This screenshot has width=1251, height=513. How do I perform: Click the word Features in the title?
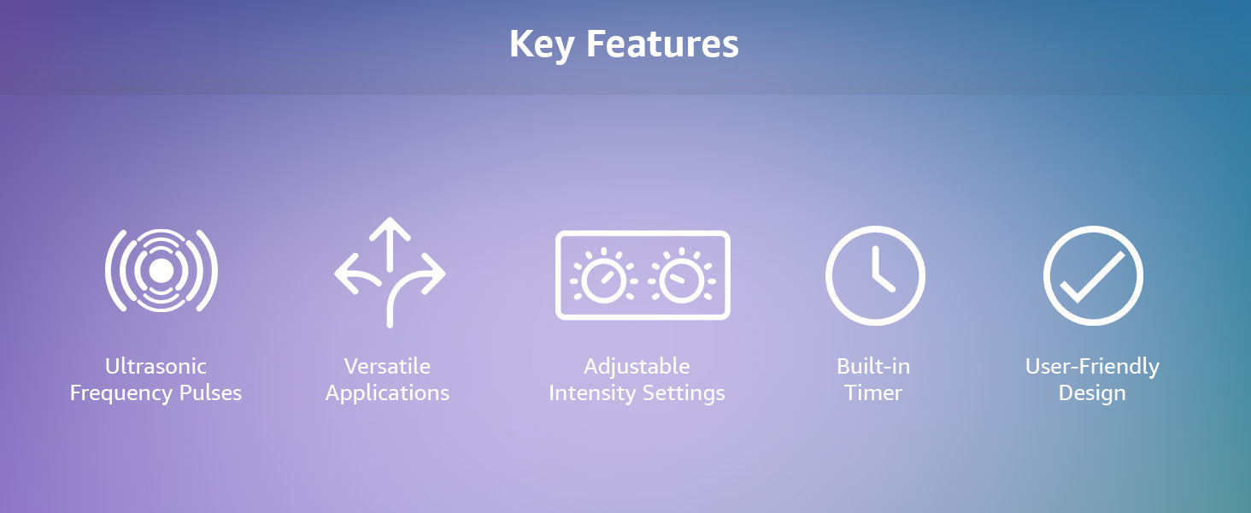coord(662,44)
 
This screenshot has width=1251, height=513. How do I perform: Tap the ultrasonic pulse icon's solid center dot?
coord(162,271)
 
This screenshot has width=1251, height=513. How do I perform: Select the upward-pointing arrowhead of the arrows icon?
coord(390,229)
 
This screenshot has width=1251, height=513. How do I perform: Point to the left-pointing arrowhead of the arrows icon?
coord(346,274)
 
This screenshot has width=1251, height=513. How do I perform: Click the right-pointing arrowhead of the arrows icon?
coord(433,274)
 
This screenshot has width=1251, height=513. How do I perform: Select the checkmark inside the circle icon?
coord(1092,277)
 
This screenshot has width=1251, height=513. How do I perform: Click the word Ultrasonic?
coord(156,367)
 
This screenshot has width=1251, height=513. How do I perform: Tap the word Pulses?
coord(210,392)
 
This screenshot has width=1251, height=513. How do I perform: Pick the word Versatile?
coord(387,367)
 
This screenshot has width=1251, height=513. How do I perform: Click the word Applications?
coord(387,393)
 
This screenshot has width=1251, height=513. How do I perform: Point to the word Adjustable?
coord(637,367)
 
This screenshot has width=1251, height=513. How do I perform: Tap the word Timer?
coord(873,392)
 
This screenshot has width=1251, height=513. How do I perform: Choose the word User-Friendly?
coord(1092,367)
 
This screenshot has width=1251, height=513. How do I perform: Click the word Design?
coord(1092,393)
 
